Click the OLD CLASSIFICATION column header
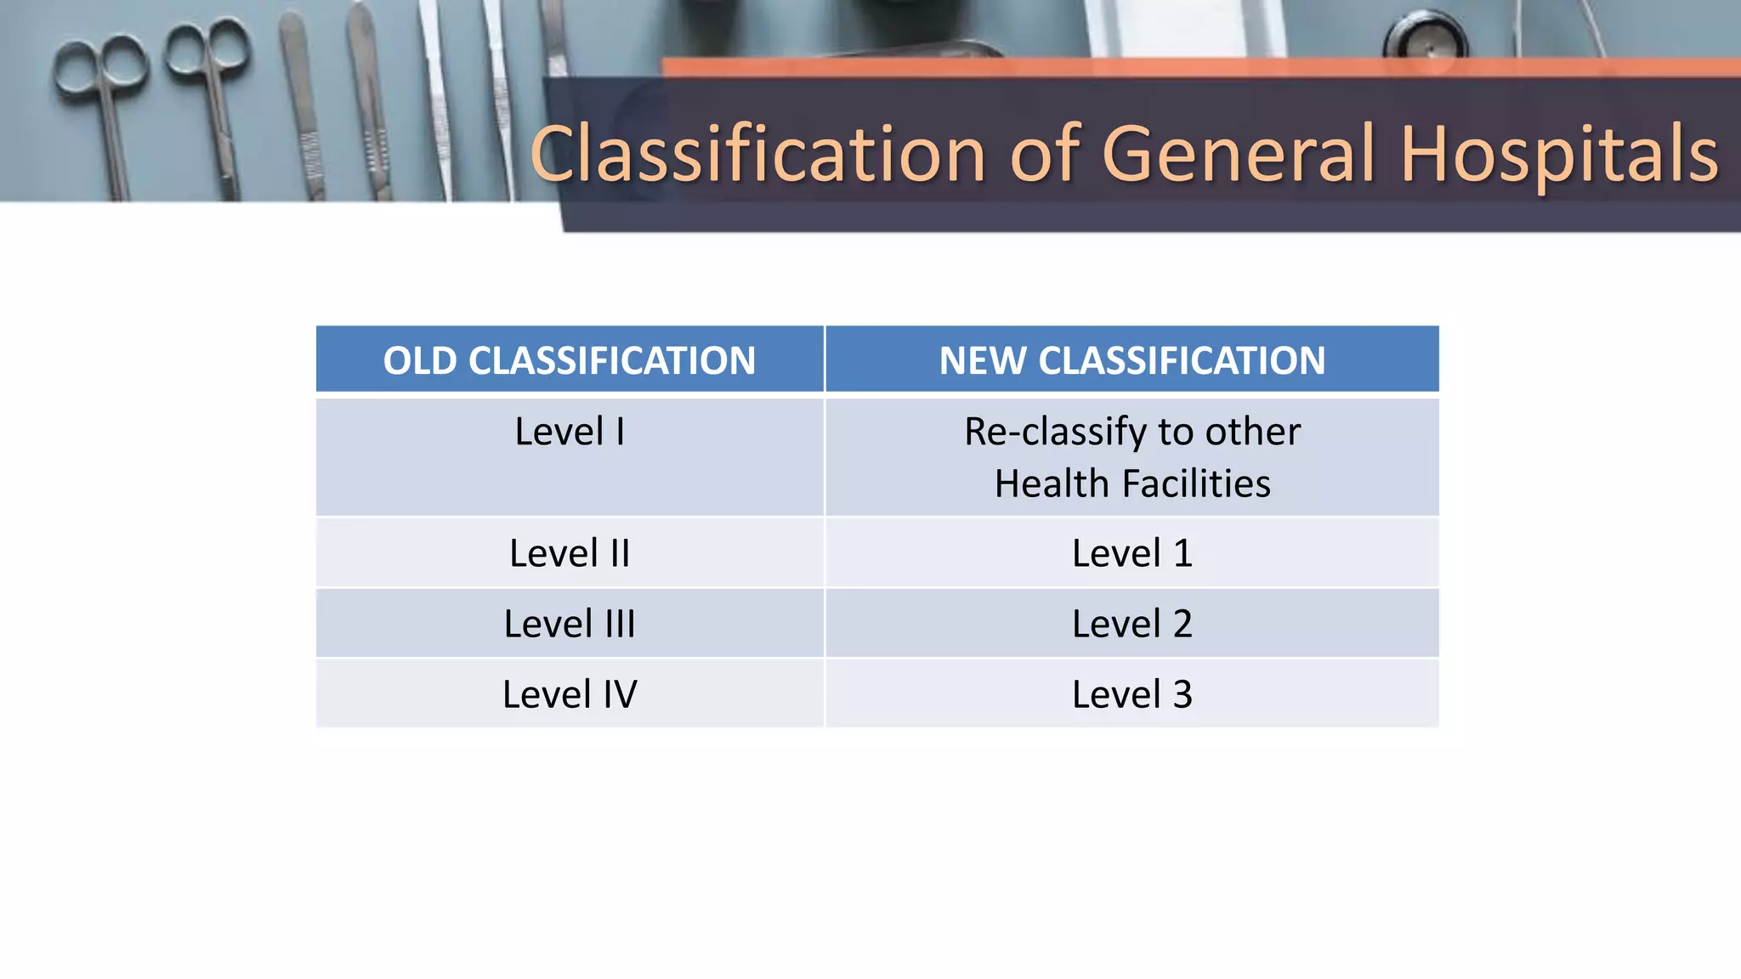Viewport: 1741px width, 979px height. point(569,360)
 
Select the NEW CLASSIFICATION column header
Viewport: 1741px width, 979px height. point(1131,360)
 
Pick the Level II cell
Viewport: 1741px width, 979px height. point(569,553)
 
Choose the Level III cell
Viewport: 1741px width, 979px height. point(569,624)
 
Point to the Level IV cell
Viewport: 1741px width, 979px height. point(569,694)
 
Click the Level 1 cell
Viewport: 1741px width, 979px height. point(1131,553)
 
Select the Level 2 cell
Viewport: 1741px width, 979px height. point(1131,624)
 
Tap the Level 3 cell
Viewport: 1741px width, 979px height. point(1131,694)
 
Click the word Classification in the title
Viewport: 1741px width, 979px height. point(757,154)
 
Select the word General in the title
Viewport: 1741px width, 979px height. point(1237,154)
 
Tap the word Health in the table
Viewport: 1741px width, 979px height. point(1052,484)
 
